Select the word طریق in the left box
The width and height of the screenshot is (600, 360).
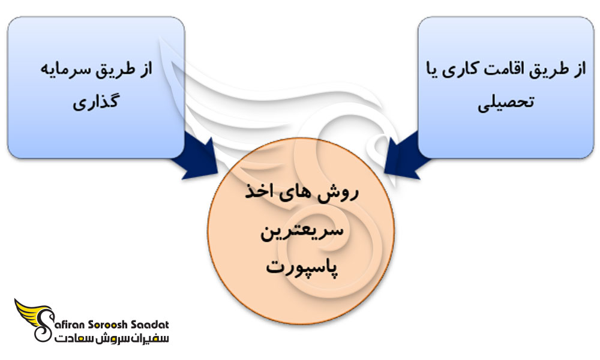point(117,70)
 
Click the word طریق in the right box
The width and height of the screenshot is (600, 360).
point(549,70)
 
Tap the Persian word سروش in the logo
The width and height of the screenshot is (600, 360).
point(107,340)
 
